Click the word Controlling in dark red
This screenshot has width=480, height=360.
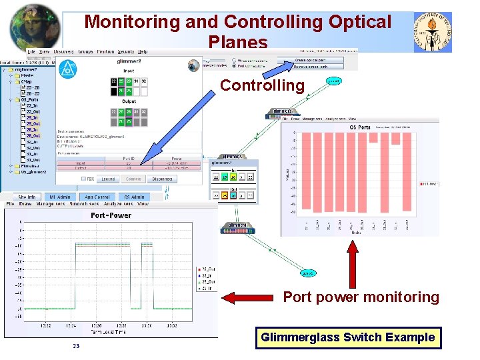(262, 85)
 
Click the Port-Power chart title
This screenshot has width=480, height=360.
(111, 215)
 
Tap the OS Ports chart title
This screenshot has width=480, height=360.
(360, 127)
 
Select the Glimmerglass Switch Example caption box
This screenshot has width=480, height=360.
(347, 337)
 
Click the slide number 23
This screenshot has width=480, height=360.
(76, 346)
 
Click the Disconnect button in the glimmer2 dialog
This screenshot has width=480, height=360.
(162, 179)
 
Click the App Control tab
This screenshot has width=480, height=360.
(97, 197)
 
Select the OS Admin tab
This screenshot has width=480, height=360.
(134, 197)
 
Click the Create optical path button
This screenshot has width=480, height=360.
(319, 60)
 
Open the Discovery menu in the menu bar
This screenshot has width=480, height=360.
(64, 51)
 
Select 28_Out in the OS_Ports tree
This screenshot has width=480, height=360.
(33, 135)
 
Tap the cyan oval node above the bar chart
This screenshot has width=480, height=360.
(333, 81)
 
